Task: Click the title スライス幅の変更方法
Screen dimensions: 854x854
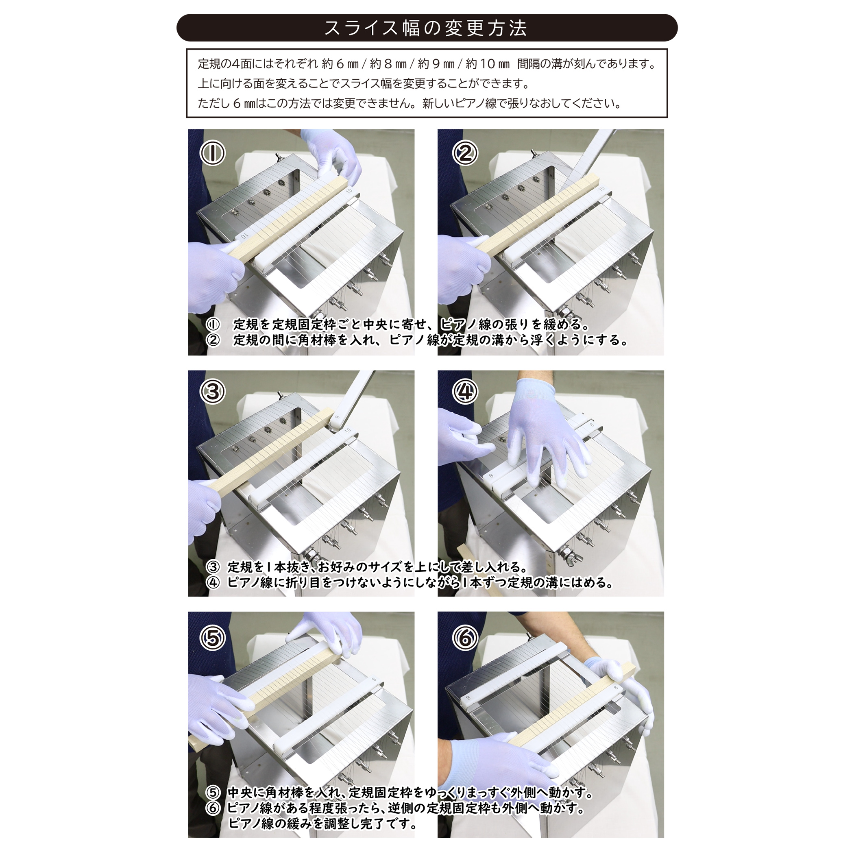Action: [x=426, y=28]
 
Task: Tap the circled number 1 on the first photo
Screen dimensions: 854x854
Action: [x=213, y=152]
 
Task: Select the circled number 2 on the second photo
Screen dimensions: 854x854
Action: [x=464, y=153]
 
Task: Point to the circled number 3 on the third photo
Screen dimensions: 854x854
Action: [x=213, y=391]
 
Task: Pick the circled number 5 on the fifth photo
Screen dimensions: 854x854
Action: [x=213, y=637]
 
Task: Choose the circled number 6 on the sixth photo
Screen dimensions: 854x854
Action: [x=464, y=637]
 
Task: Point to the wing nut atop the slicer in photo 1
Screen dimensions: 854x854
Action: [x=279, y=157]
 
